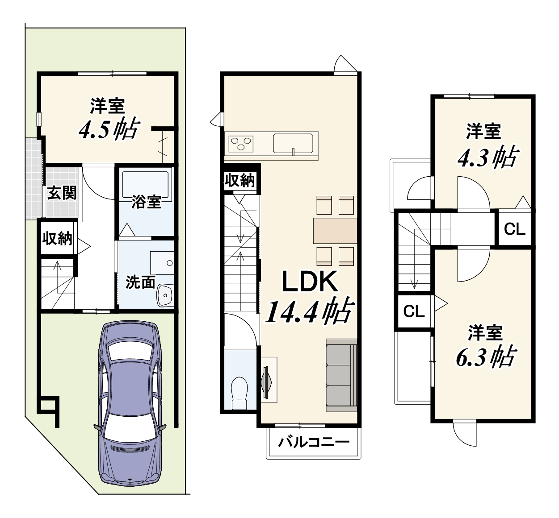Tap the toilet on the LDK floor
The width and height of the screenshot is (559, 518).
[x=239, y=393]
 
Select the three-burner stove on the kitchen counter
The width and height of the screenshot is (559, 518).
[x=241, y=144]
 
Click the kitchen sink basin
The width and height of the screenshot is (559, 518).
[x=293, y=143]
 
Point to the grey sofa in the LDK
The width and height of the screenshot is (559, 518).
[x=341, y=375]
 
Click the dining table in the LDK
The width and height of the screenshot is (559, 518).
[x=335, y=231]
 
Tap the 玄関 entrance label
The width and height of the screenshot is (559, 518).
[x=62, y=193]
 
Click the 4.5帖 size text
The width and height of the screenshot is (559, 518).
[x=109, y=129]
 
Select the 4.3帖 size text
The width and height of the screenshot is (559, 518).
[x=488, y=157]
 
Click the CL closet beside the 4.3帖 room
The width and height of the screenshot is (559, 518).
[x=515, y=229]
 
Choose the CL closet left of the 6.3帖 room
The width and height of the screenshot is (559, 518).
[x=414, y=311]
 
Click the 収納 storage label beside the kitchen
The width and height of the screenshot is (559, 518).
[x=240, y=180]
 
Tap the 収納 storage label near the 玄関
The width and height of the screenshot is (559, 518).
[x=58, y=239]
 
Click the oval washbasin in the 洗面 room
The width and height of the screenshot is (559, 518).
[x=165, y=295]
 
